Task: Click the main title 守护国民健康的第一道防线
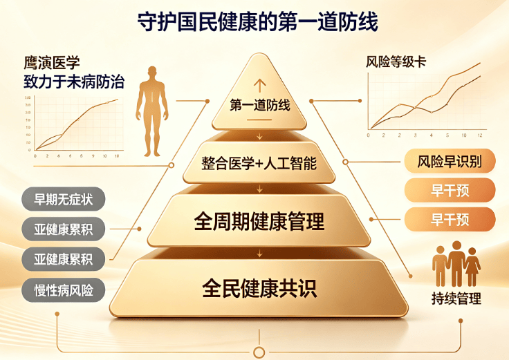(x=257, y=22)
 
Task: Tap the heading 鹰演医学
(x=52, y=63)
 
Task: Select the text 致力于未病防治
(x=74, y=82)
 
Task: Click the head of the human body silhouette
(x=152, y=72)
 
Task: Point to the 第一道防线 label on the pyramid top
(x=260, y=105)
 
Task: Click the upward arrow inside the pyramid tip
(x=260, y=86)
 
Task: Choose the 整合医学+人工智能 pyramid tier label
(x=259, y=163)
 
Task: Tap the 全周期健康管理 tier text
(x=259, y=222)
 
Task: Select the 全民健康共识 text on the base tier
(x=259, y=288)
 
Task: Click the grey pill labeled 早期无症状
(x=64, y=199)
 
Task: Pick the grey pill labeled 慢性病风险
(x=64, y=290)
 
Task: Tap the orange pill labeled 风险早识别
(x=450, y=161)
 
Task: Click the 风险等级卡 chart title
(x=396, y=62)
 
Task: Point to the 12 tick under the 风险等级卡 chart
(x=480, y=135)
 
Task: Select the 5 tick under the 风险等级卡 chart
(x=447, y=135)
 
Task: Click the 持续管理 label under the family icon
(x=456, y=299)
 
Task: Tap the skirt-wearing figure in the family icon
(x=472, y=267)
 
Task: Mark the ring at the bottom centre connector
(x=259, y=352)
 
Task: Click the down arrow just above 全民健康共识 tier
(x=259, y=253)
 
